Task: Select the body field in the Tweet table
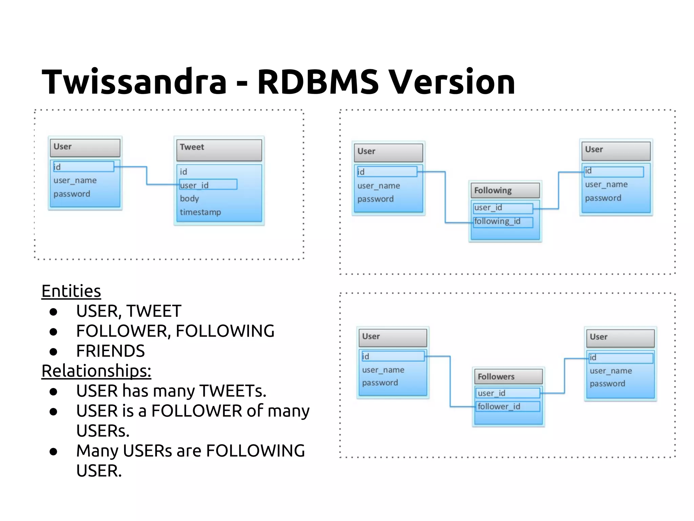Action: click(x=189, y=198)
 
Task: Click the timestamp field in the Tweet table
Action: click(x=200, y=212)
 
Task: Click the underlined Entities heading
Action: click(x=71, y=291)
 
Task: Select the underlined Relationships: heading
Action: click(x=96, y=371)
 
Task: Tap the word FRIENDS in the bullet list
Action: click(x=110, y=351)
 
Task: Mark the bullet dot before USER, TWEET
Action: click(x=53, y=312)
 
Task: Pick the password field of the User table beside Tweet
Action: click(x=72, y=194)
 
